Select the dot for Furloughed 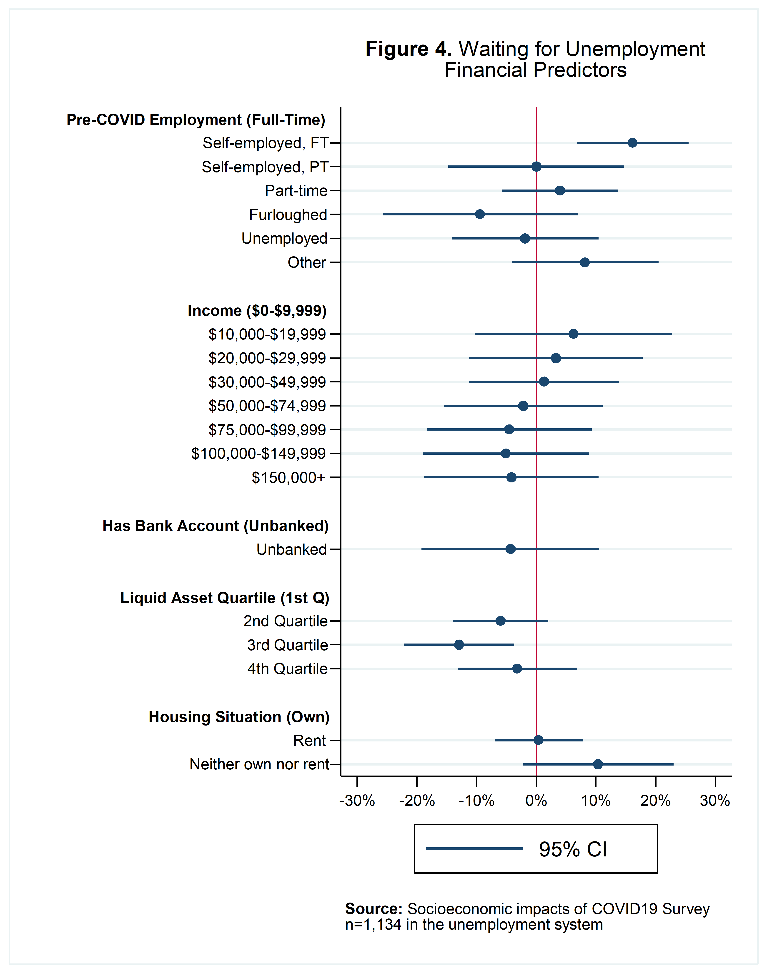tap(480, 214)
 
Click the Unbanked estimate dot tap(510, 549)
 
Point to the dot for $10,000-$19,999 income tap(573, 334)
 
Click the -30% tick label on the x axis tap(357, 801)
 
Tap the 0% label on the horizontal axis tap(536, 801)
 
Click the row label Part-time tap(296, 191)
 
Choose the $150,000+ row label tap(288, 477)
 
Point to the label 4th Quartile tap(287, 669)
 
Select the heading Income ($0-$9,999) tap(257, 311)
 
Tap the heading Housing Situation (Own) tap(239, 717)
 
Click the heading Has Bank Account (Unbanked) tap(216, 526)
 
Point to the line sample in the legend tap(474, 848)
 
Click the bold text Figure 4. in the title tap(408, 49)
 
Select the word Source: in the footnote tap(374, 909)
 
